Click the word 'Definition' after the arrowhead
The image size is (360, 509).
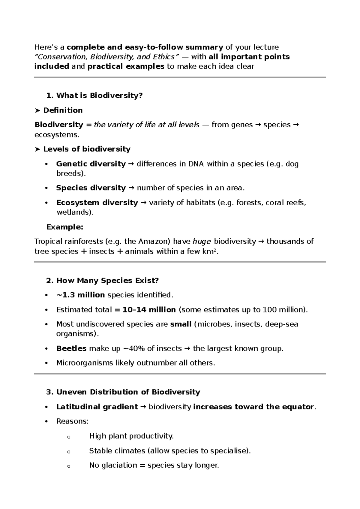pos(63,110)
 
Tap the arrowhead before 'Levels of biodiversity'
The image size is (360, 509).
pos(37,149)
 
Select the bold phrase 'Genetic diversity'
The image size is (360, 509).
pos(91,164)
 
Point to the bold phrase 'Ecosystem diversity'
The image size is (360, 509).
pos(97,203)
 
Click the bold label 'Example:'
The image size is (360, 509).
pos(64,227)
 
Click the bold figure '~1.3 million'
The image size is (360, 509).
pos(80,295)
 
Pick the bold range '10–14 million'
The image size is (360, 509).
pos(149,310)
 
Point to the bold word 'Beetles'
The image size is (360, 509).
pos(71,348)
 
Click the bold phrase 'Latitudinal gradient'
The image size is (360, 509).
pos(97,407)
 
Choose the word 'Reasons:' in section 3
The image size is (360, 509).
pos(72,421)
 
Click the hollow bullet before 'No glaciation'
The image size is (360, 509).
pos(69,466)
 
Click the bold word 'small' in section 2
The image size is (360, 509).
pos(181,324)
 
